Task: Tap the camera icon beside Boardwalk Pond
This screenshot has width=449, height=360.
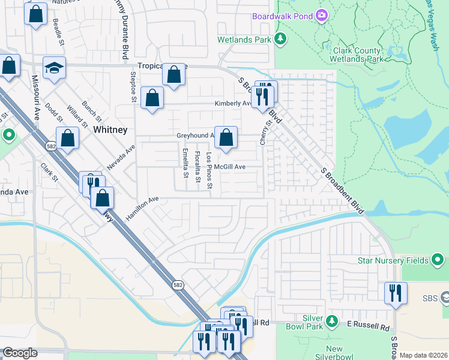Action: click(x=322, y=15)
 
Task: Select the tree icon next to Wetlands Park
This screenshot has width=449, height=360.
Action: click(x=280, y=40)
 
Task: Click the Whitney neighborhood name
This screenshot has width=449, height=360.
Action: click(x=110, y=130)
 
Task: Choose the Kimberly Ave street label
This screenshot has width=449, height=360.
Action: click(x=233, y=104)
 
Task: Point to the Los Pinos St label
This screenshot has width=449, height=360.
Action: click(x=209, y=170)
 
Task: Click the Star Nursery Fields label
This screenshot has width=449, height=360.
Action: click(x=393, y=260)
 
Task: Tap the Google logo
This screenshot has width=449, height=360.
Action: click(x=20, y=353)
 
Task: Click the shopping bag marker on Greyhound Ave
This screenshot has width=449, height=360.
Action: click(x=226, y=138)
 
